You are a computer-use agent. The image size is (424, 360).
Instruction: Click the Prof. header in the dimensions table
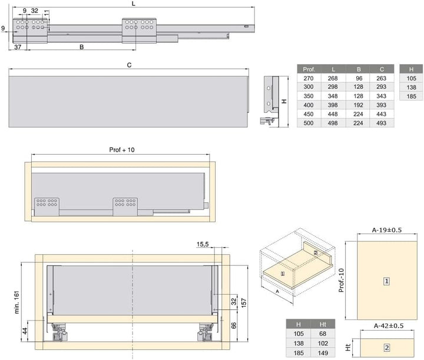coord(309,69)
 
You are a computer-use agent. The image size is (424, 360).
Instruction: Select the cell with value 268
coord(333,78)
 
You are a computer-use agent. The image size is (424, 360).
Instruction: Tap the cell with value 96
coord(359,78)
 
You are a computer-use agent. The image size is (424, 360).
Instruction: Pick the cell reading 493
coord(381,123)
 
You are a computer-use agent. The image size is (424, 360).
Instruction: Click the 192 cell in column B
coord(358,105)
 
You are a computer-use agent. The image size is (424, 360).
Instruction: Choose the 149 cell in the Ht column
coord(323,353)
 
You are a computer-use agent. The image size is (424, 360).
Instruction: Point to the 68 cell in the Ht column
coord(323,334)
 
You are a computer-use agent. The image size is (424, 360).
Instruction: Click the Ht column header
coord(323,324)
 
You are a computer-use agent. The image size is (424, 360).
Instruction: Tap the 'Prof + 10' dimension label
coord(122,150)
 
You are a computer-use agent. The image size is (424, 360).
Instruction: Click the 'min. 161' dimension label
coord(16,302)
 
